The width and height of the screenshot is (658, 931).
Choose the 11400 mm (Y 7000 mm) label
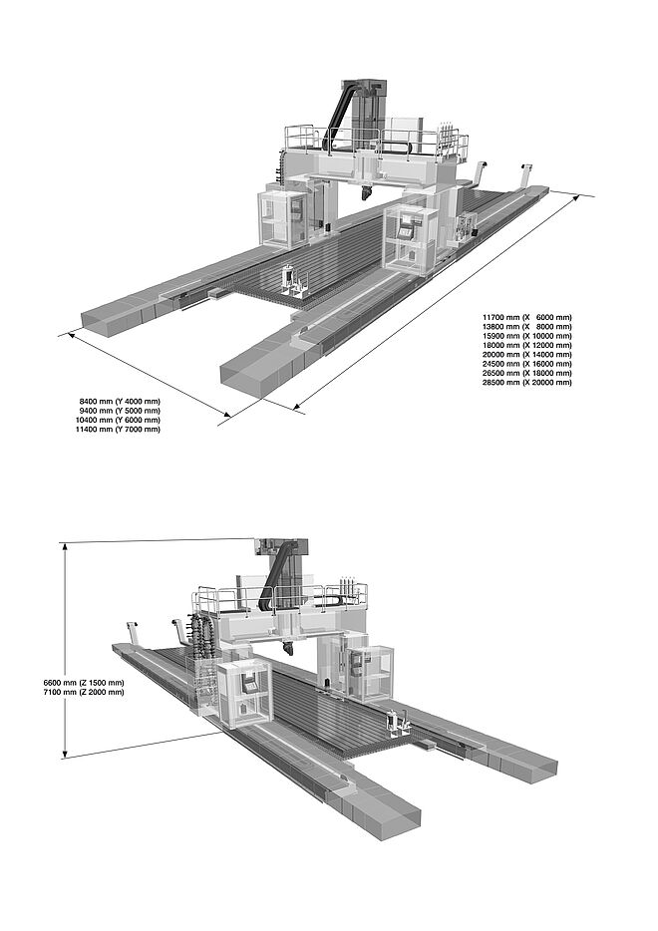pos(118,430)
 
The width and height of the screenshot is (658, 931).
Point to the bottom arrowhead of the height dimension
pos(66,754)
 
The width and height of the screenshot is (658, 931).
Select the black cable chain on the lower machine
pos(274,578)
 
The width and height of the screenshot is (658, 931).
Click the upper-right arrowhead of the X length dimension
pos(576,198)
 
